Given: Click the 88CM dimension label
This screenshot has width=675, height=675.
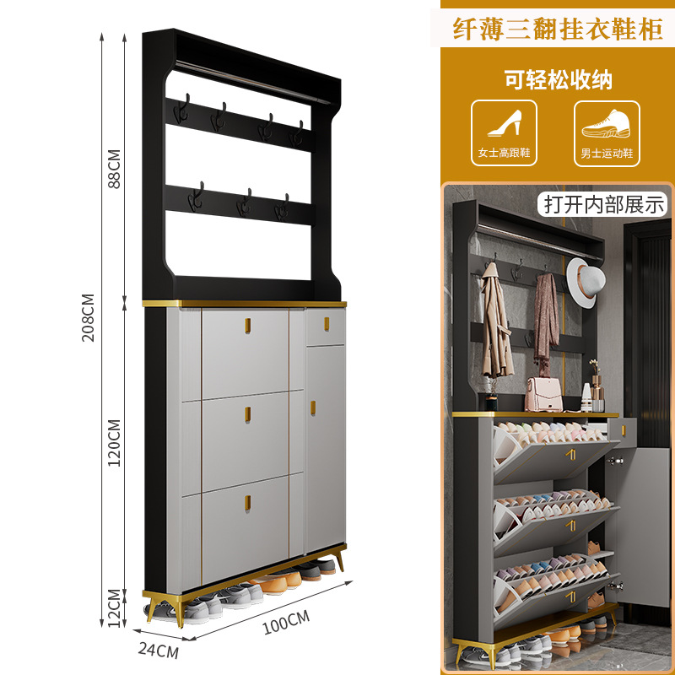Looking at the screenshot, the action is coord(116,169).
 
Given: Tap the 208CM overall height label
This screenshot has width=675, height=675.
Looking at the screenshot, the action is coord(88,317).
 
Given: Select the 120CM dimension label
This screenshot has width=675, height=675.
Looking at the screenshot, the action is coord(116,442).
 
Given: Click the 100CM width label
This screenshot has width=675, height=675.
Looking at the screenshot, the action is coord(286,623).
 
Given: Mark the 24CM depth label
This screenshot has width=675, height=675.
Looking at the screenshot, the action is coord(158,651).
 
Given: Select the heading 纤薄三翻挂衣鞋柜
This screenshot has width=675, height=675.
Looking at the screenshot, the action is coord(556,30).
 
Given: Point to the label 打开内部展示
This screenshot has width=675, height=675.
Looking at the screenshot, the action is coord(604,204).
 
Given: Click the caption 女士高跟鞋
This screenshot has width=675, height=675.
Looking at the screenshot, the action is coord(504,154).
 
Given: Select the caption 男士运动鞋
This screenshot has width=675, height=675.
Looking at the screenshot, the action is coord(607,154).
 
